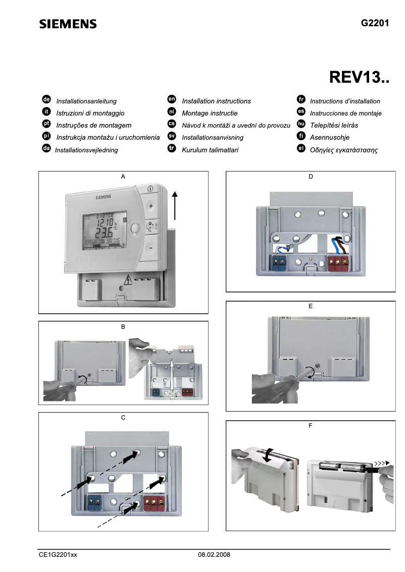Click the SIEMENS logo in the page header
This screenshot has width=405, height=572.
(68, 24)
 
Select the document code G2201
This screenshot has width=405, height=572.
(375, 23)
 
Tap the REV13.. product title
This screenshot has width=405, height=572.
(359, 78)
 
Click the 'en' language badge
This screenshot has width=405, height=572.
(171, 100)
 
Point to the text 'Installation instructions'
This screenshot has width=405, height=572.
(216, 101)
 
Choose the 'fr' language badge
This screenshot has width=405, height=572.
(301, 100)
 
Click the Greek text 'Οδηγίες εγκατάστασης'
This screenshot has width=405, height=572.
(344, 150)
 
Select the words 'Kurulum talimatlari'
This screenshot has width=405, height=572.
(210, 150)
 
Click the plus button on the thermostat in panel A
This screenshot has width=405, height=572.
(150, 206)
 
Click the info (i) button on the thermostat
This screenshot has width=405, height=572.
(150, 188)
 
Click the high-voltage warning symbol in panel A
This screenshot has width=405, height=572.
(128, 278)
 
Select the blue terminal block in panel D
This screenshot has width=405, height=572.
(278, 262)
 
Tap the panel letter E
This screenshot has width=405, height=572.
(310, 306)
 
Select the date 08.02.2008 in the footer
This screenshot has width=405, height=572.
(214, 554)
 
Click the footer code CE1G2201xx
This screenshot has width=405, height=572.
(58, 554)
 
